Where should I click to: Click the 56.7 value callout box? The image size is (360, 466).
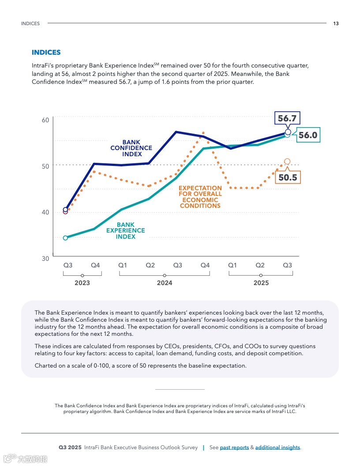(x=287, y=118)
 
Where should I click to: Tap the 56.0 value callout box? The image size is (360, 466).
(x=307, y=135)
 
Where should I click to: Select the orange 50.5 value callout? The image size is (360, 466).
(x=288, y=177)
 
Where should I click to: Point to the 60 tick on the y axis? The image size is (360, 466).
(x=45, y=120)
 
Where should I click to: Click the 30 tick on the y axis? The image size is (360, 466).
(x=45, y=259)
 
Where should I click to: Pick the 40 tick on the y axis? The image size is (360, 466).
(x=45, y=212)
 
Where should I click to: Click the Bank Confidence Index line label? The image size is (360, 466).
(x=131, y=148)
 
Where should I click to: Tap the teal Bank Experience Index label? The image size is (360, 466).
(x=126, y=231)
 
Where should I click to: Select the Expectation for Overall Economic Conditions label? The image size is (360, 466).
(x=200, y=197)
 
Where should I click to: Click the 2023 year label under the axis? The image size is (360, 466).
(x=82, y=283)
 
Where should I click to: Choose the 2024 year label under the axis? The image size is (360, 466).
(x=165, y=283)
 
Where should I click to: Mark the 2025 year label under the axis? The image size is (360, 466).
(x=261, y=283)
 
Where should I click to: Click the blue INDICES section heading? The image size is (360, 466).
(x=46, y=53)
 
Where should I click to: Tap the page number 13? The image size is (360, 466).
(x=336, y=23)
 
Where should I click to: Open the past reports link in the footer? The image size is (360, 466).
(x=234, y=447)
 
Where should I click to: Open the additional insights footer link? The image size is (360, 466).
(x=277, y=447)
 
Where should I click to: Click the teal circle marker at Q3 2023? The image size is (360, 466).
(x=65, y=238)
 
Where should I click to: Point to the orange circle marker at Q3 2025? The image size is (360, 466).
(x=287, y=162)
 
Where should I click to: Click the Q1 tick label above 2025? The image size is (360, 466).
(x=232, y=265)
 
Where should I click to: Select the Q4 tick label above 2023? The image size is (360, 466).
(x=95, y=265)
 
